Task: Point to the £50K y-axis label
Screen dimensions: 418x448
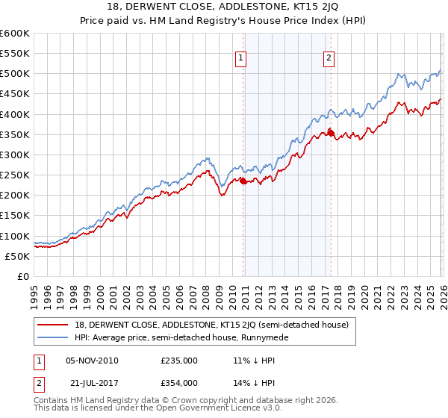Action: pyautogui.click(x=16, y=256)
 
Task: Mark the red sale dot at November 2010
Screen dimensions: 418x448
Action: pyautogui.click(x=243, y=181)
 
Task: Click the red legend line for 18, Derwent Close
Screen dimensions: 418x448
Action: pyautogui.click(x=53, y=325)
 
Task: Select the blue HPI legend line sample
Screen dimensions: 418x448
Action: pyautogui.click(x=53, y=337)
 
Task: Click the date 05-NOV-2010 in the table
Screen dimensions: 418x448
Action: pyautogui.click(x=93, y=361)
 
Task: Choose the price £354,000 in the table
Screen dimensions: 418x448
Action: pyautogui.click(x=179, y=382)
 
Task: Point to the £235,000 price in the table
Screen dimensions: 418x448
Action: pyautogui.click(x=179, y=361)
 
